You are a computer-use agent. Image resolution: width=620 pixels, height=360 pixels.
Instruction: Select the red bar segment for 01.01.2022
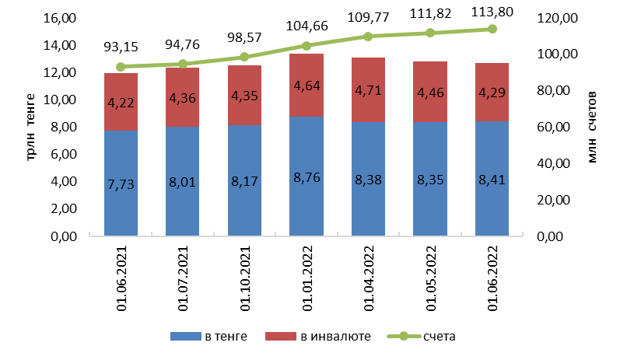pyautogui.click(x=306, y=85)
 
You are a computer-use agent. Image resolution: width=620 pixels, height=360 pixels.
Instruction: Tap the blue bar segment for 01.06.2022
pyautogui.click(x=492, y=179)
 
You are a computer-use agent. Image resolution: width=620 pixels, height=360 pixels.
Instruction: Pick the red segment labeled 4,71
pyautogui.click(x=369, y=90)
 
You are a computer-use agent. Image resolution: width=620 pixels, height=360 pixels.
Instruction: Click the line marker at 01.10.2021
pyautogui.click(x=244, y=57)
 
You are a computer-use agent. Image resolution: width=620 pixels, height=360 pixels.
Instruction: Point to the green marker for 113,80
pyautogui.click(x=492, y=29)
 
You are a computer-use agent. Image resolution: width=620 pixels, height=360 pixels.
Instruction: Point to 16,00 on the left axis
pyautogui.click(x=65, y=18)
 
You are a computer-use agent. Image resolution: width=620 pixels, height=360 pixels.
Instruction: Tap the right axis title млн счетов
pyautogui.click(x=593, y=126)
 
